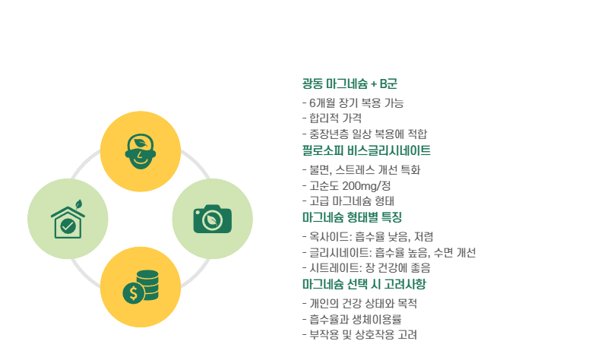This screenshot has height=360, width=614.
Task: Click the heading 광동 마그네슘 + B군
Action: [349, 84]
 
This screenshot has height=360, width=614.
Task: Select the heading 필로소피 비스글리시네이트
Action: [366, 150]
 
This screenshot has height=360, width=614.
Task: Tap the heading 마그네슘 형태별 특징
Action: [352, 217]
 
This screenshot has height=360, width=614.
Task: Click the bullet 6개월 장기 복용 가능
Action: [353, 103]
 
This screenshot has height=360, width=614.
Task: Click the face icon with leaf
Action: [140, 150]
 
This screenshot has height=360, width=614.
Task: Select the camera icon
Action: [212, 219]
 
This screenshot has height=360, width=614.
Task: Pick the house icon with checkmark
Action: [68, 219]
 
